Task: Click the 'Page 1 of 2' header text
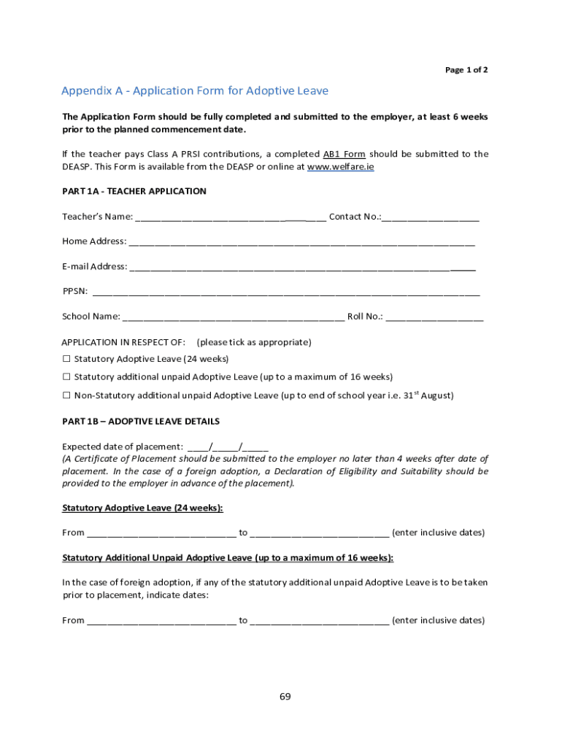(x=466, y=70)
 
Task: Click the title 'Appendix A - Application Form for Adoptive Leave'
(x=195, y=91)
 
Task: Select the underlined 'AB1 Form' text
(x=344, y=154)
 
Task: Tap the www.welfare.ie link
(x=341, y=166)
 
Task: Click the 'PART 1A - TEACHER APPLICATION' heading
(x=134, y=191)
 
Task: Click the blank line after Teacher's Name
(x=230, y=217)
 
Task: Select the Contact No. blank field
(x=430, y=217)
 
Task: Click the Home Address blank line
(x=301, y=242)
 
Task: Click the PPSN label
(x=75, y=292)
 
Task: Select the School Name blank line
(x=234, y=317)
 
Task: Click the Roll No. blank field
(x=434, y=317)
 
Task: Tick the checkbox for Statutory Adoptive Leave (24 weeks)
(x=66, y=359)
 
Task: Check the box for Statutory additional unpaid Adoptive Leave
(x=66, y=377)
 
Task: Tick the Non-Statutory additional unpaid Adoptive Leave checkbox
(x=66, y=395)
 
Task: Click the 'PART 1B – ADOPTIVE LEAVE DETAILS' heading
(x=141, y=422)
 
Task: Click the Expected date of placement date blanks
(x=228, y=447)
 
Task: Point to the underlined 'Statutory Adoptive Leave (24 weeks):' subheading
(x=143, y=508)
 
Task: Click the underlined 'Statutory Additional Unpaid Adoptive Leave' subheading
(x=228, y=558)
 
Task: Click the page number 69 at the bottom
(x=285, y=697)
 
